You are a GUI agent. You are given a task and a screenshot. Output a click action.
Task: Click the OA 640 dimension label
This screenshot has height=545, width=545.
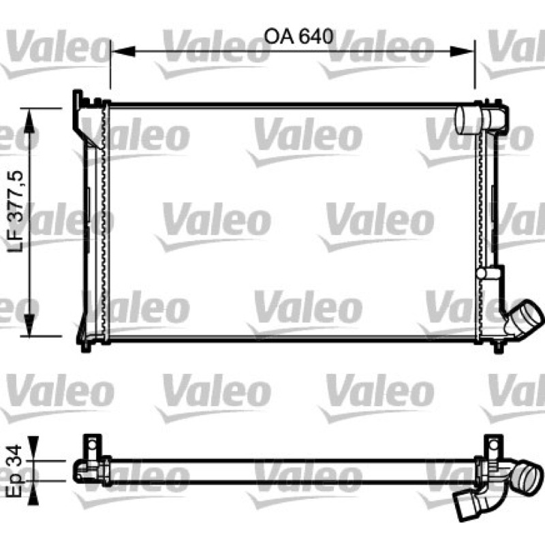point(298,37)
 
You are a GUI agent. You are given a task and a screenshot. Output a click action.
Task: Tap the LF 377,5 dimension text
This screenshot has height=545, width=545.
point(16,211)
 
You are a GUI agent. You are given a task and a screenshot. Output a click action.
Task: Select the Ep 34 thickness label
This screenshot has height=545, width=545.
point(14,471)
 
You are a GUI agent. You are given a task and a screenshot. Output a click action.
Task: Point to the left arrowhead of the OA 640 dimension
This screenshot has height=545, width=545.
point(123,51)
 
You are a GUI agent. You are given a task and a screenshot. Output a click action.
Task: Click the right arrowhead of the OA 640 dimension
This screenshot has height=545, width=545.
point(462,51)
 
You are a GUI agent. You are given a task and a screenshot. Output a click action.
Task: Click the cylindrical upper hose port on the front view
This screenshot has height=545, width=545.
point(468,120)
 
